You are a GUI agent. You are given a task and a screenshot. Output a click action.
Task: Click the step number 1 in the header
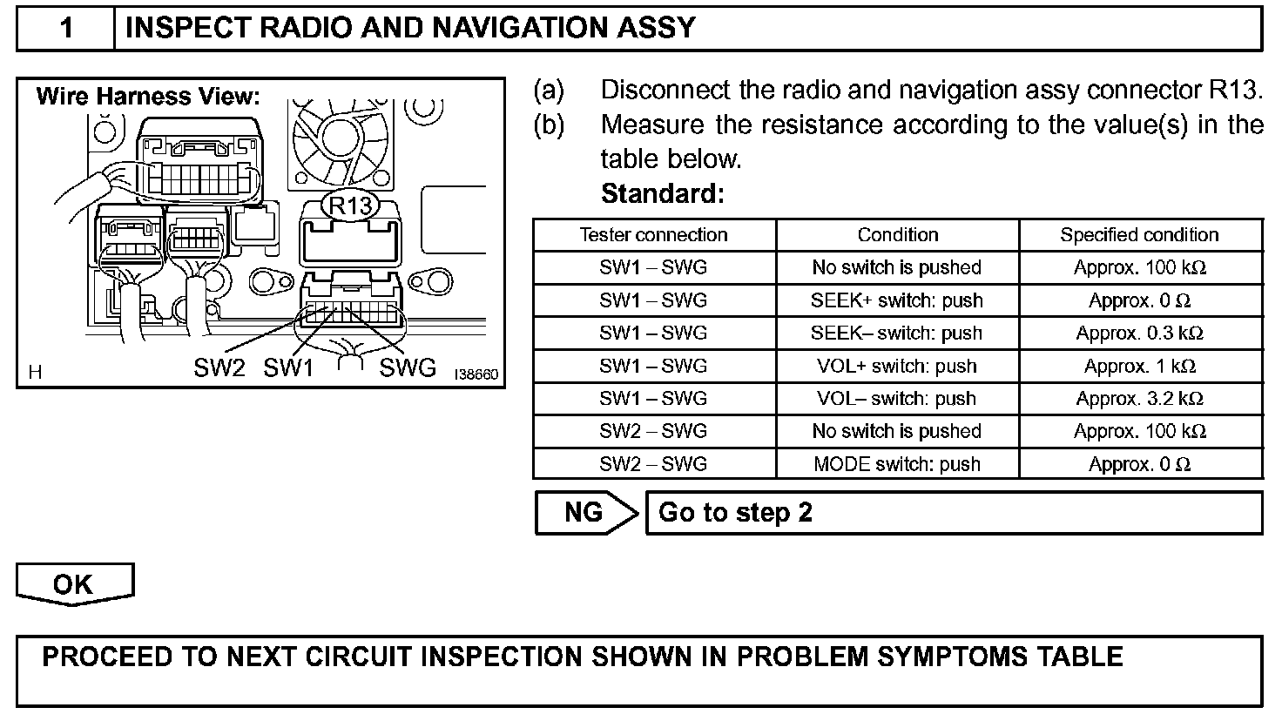(x=66, y=29)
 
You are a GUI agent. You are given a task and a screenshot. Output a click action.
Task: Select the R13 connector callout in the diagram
(x=350, y=206)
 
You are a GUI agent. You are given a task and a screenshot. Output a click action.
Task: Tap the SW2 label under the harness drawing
(x=219, y=368)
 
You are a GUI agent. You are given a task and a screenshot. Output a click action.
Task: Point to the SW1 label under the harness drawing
(x=288, y=368)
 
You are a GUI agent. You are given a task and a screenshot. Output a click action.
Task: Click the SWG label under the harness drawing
(x=407, y=368)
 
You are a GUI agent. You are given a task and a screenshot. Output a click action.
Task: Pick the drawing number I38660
(x=476, y=375)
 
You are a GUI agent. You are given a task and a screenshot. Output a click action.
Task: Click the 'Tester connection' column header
(x=653, y=235)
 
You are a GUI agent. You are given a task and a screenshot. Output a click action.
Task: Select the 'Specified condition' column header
(x=1139, y=235)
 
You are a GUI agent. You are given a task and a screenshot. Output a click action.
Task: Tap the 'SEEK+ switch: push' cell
(x=896, y=300)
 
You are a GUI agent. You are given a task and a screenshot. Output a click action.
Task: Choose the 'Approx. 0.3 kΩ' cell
(x=1139, y=334)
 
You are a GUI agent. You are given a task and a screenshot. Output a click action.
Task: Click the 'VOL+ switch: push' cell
(x=896, y=366)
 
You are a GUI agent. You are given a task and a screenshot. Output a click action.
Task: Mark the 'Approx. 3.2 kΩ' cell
(x=1139, y=399)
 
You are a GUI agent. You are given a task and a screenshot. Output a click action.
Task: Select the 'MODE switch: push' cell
(x=896, y=464)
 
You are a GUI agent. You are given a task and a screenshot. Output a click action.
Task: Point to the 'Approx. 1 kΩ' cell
(x=1139, y=366)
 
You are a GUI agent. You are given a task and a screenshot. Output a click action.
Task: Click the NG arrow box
(x=585, y=512)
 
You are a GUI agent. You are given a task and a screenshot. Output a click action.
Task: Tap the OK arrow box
(x=74, y=583)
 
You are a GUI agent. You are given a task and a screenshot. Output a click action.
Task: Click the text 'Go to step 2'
(x=735, y=512)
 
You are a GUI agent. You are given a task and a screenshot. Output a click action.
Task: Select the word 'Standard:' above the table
(x=662, y=193)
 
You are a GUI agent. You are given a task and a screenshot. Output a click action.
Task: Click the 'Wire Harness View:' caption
(x=148, y=96)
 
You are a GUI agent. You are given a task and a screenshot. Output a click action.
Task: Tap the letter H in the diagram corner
(x=35, y=373)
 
